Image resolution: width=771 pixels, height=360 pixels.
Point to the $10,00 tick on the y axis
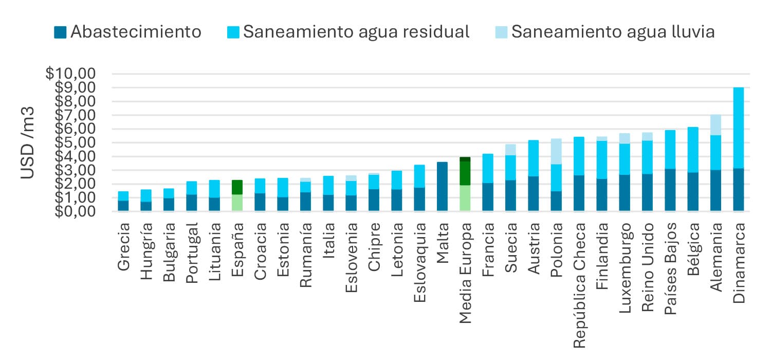[70, 74]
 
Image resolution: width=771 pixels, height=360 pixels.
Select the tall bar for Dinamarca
[738, 149]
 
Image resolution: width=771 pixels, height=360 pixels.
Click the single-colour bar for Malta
[442, 187]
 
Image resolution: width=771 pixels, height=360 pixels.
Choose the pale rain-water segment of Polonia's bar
[556, 151]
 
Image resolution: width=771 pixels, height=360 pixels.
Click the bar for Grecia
[123, 201]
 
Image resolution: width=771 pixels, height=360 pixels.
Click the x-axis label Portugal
[191, 253]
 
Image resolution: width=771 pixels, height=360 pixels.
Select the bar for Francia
[488, 183]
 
